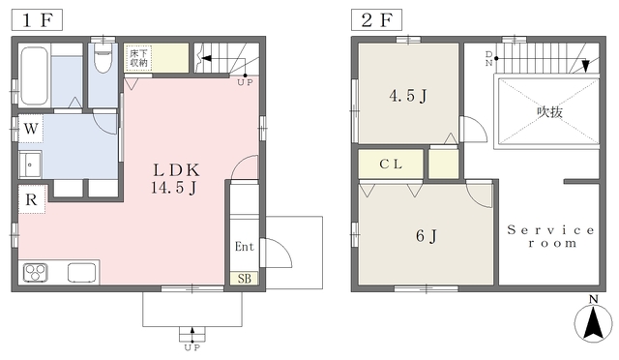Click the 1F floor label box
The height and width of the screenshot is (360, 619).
pyautogui.click(x=37, y=20)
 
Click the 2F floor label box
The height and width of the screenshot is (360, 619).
pyautogui.click(x=376, y=20)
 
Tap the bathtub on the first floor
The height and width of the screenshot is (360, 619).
pyautogui.click(x=35, y=75)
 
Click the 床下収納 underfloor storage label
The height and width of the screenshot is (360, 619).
pyautogui.click(x=138, y=58)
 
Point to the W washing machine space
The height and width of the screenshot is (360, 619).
pyautogui.click(x=31, y=129)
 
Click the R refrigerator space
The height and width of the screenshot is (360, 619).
pyautogui.click(x=32, y=199)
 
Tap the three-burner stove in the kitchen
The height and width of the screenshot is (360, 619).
pyautogui.click(x=36, y=273)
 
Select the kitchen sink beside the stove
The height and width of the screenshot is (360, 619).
pyautogui.click(x=82, y=273)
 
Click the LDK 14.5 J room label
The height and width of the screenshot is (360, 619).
pyautogui.click(x=175, y=179)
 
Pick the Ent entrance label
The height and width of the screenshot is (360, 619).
pyautogui.click(x=245, y=247)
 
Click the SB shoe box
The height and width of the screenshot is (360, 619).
pyautogui.click(x=245, y=279)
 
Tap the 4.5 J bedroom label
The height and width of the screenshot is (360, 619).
pyautogui.click(x=408, y=96)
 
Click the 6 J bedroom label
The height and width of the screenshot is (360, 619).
pyautogui.click(x=427, y=236)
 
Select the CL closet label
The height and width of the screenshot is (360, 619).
pyautogui.click(x=391, y=164)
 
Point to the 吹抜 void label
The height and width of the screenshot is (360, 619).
pyautogui.click(x=549, y=112)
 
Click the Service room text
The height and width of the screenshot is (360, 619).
pyautogui.click(x=550, y=236)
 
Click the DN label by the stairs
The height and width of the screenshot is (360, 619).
pyautogui.click(x=489, y=58)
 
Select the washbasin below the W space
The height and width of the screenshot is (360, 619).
pyautogui.click(x=30, y=165)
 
